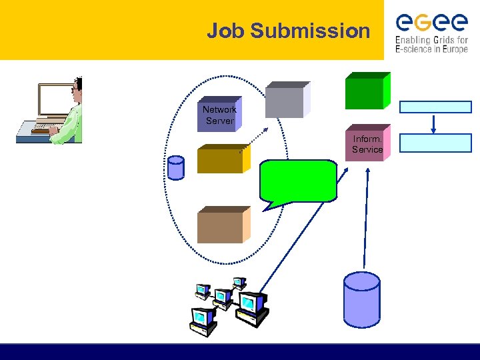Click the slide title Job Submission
click(x=288, y=31)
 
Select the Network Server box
click(x=219, y=115)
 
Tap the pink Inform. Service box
click(x=367, y=145)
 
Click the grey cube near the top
click(x=285, y=101)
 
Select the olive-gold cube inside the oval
click(x=222, y=159)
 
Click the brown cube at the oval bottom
click(x=222, y=225)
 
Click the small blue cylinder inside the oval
click(x=176, y=168)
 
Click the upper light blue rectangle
click(x=435, y=107)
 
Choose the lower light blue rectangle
click(x=435, y=143)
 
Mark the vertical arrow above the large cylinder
click(x=367, y=213)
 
